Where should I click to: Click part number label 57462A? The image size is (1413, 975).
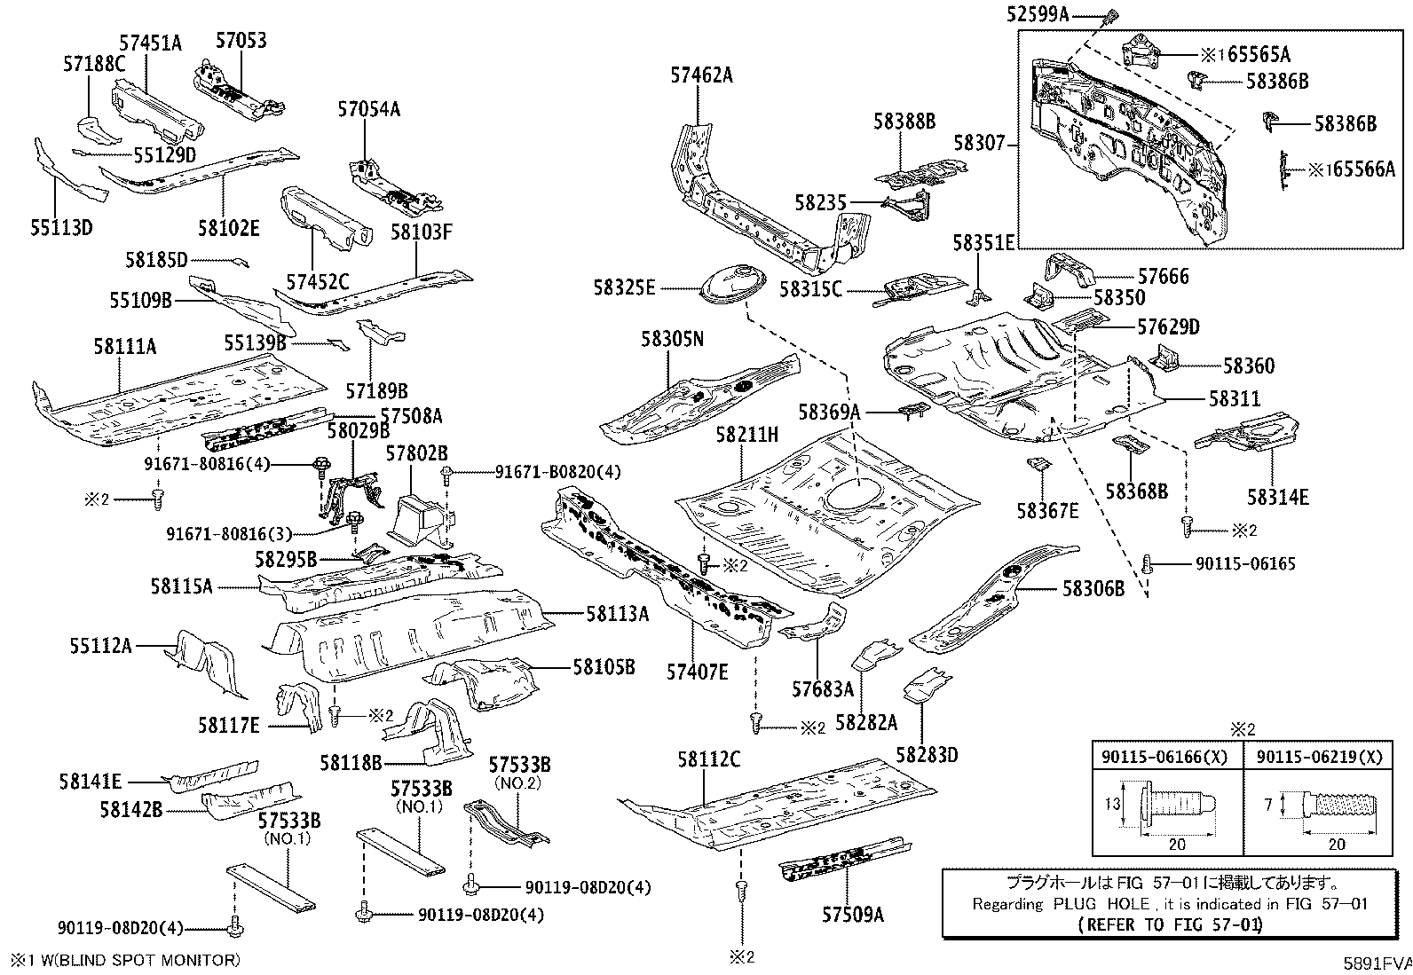click(x=701, y=75)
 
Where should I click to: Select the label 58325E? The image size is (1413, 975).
click(x=625, y=287)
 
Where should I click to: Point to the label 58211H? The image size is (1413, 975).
click(x=747, y=435)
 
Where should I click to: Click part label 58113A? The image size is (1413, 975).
click(x=617, y=613)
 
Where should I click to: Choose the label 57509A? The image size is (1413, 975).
click(x=853, y=914)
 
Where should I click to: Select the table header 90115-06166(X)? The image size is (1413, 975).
click(x=1165, y=757)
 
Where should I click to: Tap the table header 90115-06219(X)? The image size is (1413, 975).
click(x=1319, y=757)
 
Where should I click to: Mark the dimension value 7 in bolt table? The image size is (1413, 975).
click(x=1268, y=805)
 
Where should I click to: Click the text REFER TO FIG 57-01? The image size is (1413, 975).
click(x=1170, y=924)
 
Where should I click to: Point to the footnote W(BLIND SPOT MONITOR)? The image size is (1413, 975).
click(x=133, y=960)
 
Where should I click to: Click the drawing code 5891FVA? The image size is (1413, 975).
click(x=1376, y=962)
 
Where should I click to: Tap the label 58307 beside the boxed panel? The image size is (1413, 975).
click(x=979, y=142)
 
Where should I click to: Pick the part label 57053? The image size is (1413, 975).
click(x=241, y=41)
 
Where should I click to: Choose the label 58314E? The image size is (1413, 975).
click(x=1277, y=498)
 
